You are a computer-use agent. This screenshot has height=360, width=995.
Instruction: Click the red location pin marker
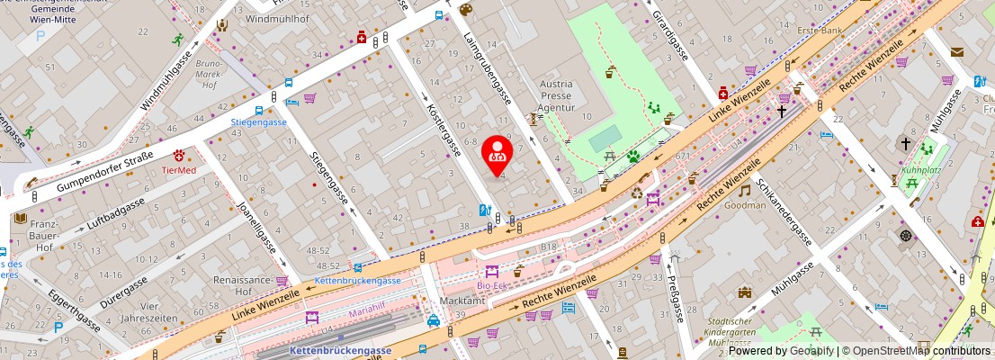497,154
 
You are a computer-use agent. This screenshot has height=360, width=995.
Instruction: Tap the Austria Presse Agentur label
556,94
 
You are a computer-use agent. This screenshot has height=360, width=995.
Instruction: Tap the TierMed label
178,169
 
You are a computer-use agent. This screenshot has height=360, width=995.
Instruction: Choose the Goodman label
745,205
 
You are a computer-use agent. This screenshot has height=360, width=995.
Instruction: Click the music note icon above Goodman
744,190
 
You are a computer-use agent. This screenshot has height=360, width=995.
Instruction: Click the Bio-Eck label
492,285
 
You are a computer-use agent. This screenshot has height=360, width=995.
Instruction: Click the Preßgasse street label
674,297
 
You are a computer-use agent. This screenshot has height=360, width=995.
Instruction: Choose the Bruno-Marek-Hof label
209,75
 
